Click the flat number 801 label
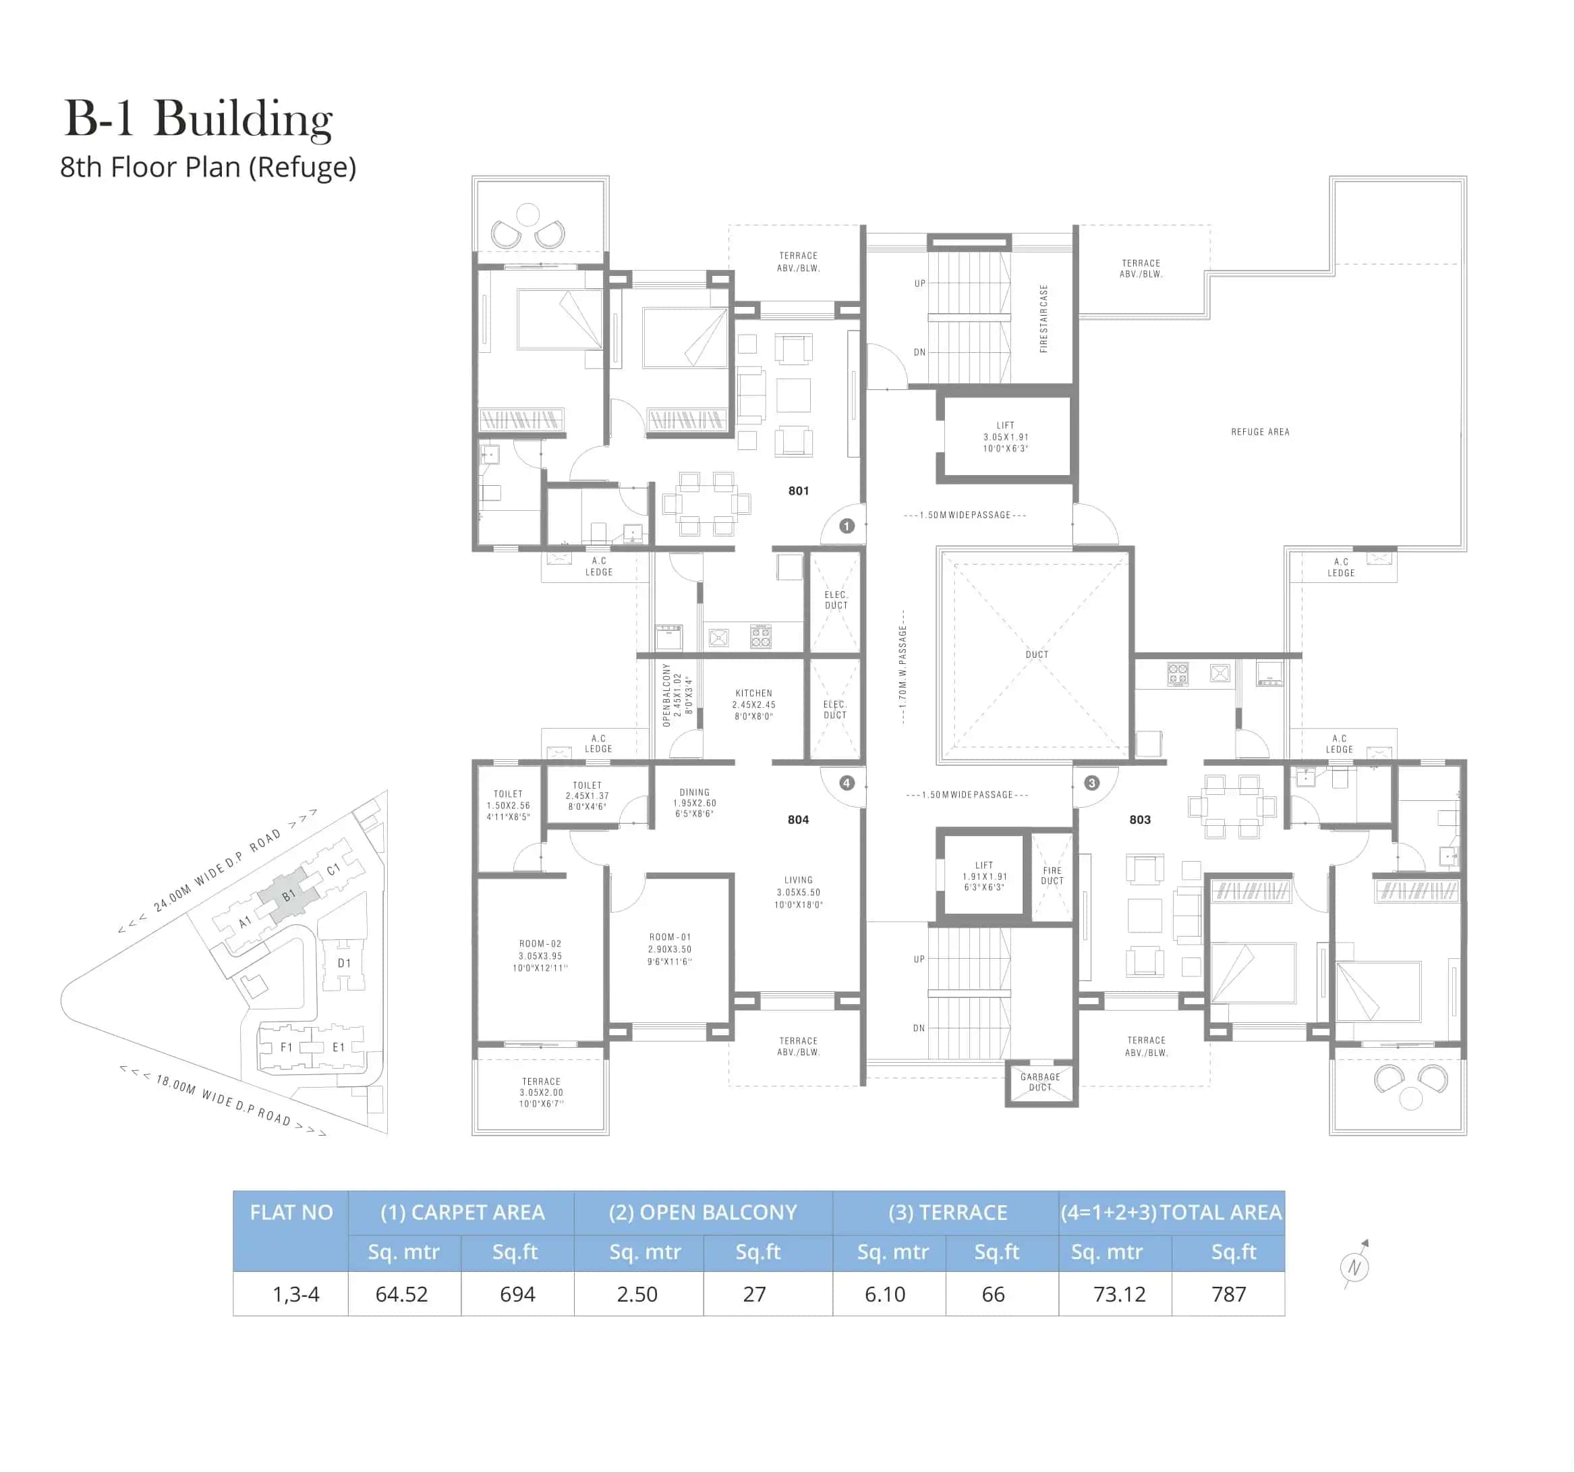click(799, 491)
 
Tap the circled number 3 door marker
click(1092, 783)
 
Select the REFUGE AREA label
click(1260, 432)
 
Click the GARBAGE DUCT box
click(1040, 1082)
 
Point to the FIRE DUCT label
click(1052, 876)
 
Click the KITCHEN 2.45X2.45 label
click(753, 704)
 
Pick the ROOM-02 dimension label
click(540, 955)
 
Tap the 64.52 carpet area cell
click(401, 1294)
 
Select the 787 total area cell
click(1229, 1294)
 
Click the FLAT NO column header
click(291, 1213)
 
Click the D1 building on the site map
click(344, 964)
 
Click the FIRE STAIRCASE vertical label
click(1043, 318)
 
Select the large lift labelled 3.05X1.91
click(1006, 437)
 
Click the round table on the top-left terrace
click(527, 214)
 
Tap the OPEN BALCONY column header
click(703, 1213)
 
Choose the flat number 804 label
click(799, 819)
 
